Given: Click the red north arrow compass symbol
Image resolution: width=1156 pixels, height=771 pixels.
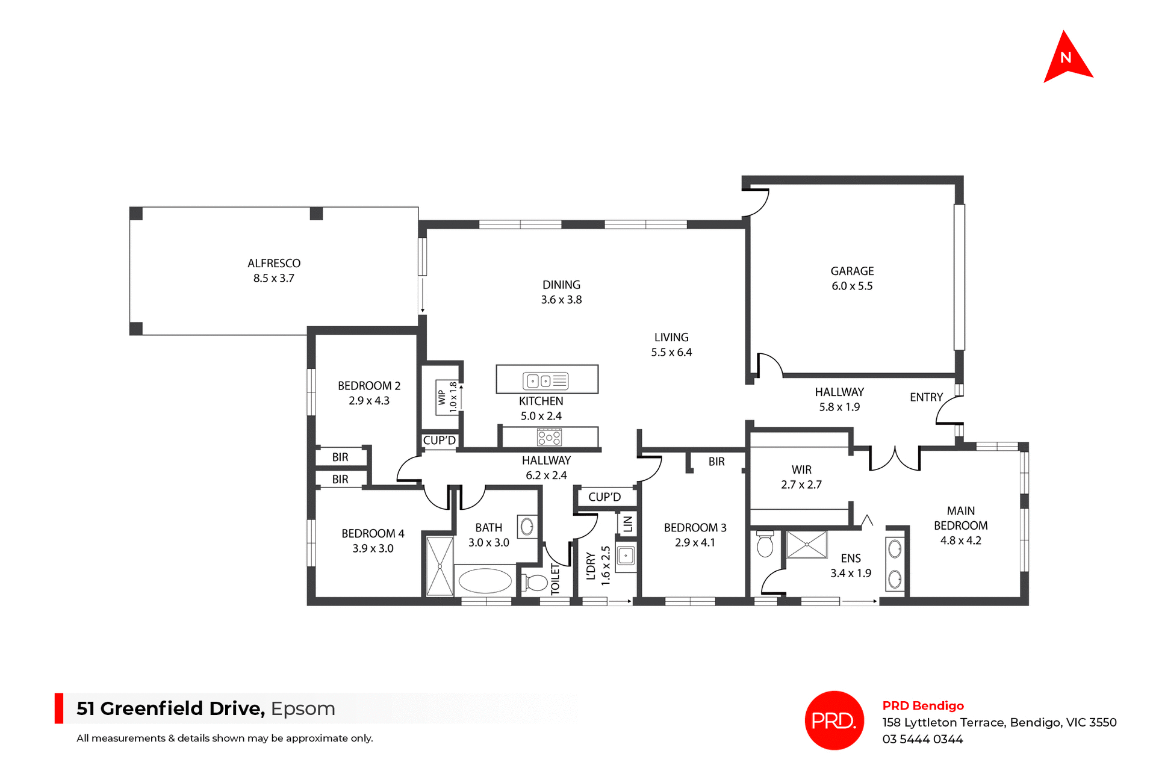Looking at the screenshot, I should (x=1067, y=59).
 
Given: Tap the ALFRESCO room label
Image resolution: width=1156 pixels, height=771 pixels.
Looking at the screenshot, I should (x=274, y=264).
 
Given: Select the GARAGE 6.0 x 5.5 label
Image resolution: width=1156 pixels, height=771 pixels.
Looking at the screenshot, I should (x=852, y=279).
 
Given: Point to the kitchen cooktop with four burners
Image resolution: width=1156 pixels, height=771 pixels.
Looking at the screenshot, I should (x=549, y=438).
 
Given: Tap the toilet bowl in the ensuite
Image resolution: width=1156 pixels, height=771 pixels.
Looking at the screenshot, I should (x=765, y=545).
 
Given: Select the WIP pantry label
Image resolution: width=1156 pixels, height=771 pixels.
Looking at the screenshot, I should (x=443, y=397).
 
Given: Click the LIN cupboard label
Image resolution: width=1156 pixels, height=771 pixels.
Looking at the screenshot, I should (x=627, y=524).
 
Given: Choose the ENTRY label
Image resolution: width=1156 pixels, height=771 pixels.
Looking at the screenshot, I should (x=926, y=397).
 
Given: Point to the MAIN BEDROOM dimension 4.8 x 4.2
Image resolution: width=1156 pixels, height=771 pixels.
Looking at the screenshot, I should (x=960, y=540).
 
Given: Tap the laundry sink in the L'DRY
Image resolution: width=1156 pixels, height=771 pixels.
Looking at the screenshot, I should (x=626, y=556).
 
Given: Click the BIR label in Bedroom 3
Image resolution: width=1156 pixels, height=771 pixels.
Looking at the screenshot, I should (x=716, y=462).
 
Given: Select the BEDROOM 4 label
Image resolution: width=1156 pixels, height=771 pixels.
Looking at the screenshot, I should (x=373, y=534).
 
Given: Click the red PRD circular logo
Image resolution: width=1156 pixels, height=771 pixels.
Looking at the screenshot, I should (x=834, y=720).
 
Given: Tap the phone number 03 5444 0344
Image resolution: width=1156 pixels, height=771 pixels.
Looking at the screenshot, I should (x=922, y=739).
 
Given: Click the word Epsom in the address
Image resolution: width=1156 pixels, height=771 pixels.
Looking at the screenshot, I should (x=303, y=708).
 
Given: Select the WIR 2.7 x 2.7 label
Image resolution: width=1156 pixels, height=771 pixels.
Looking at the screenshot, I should (x=801, y=477).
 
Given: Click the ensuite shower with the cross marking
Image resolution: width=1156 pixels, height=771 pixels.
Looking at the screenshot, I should (x=807, y=545).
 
